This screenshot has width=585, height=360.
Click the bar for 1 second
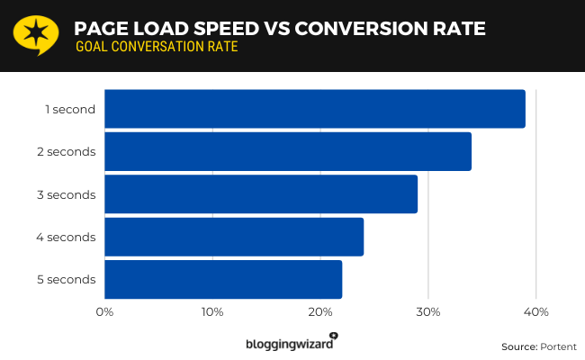pyautogui.click(x=315, y=109)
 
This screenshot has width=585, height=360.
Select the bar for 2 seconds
pyautogui.click(x=288, y=151)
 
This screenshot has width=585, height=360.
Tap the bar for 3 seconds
pyautogui.click(x=261, y=194)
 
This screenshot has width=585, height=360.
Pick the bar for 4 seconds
pyautogui.click(x=234, y=237)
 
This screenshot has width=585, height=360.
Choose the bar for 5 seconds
pyautogui.click(x=223, y=279)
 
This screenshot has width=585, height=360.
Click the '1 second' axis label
pyautogui.click(x=70, y=110)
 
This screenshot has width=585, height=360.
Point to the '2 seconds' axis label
pyautogui.click(x=67, y=152)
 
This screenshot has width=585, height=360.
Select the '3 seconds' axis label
pyautogui.click(x=67, y=194)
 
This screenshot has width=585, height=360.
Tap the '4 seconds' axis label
pyautogui.click(x=67, y=237)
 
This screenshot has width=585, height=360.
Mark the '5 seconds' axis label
pyautogui.click(x=67, y=279)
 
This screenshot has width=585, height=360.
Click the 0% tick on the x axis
pyautogui.click(x=104, y=312)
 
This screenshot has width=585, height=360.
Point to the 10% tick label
pyautogui.click(x=212, y=312)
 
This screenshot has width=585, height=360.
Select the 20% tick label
pyautogui.click(x=320, y=312)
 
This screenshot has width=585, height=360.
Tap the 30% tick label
pyautogui.click(x=428, y=312)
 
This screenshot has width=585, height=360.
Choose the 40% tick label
pyautogui.click(x=536, y=312)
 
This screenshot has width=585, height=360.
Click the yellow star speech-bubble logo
pyautogui.click(x=32, y=34)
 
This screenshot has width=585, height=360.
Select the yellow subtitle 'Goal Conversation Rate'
pyautogui.click(x=157, y=47)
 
